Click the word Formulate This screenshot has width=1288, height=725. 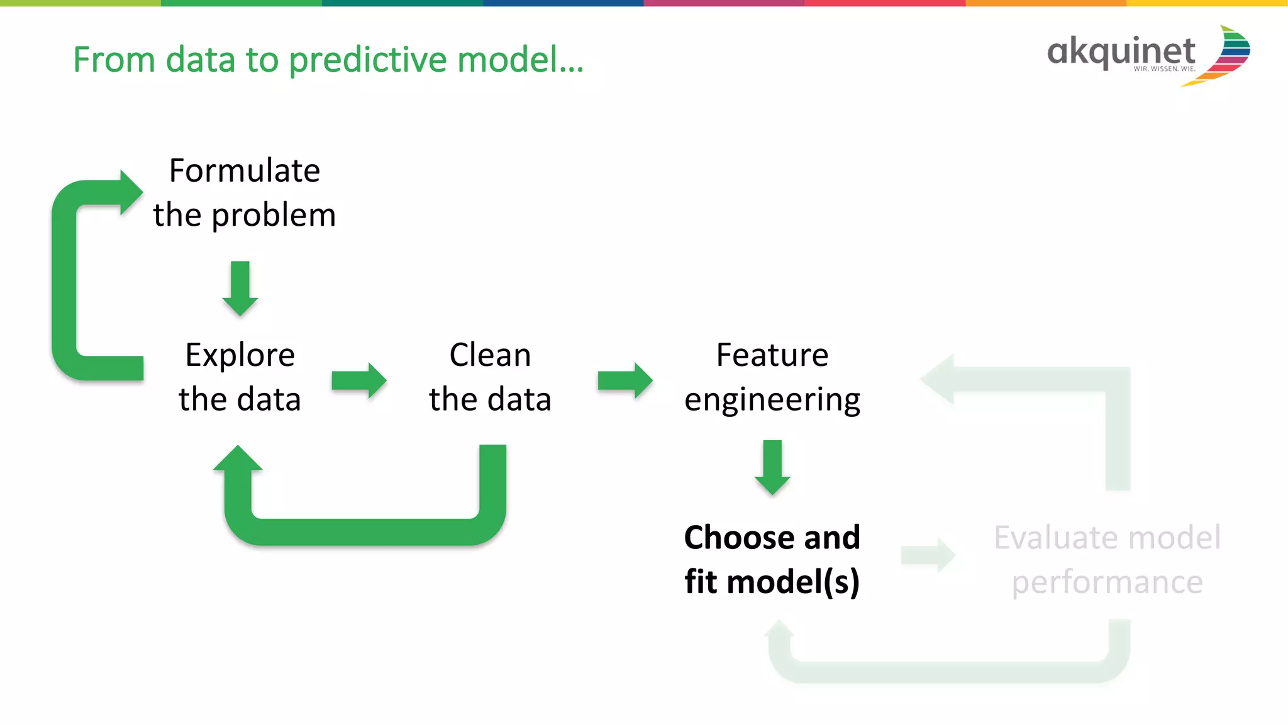point(245,171)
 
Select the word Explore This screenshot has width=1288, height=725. point(240,355)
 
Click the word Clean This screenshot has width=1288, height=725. point(490,355)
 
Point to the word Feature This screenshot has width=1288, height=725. point(772,355)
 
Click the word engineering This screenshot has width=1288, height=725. point(772,401)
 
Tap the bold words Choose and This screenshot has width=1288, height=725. point(772,538)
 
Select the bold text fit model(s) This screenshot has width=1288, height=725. point(772,582)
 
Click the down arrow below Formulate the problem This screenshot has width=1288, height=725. point(240,289)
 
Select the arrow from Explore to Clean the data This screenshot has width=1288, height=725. point(359,380)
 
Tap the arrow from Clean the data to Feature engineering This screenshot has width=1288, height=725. point(625,380)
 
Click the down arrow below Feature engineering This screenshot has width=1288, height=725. point(772,467)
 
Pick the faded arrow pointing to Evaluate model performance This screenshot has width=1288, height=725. point(928,555)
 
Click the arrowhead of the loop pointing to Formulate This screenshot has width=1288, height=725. point(131,192)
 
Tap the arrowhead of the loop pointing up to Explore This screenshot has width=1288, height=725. point(238,458)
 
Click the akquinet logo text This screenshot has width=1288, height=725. point(1121,52)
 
